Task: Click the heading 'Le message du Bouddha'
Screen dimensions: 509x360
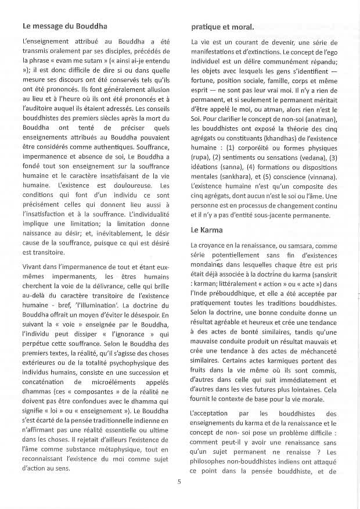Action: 63,26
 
